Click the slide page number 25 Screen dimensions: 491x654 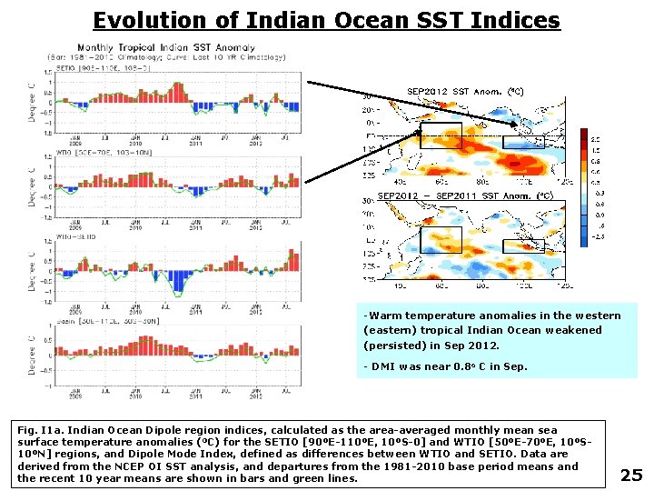tap(630, 474)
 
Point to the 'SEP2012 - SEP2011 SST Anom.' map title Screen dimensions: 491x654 tap(464, 195)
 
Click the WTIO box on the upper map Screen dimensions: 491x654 tap(441, 135)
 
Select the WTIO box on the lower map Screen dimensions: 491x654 tap(441, 239)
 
